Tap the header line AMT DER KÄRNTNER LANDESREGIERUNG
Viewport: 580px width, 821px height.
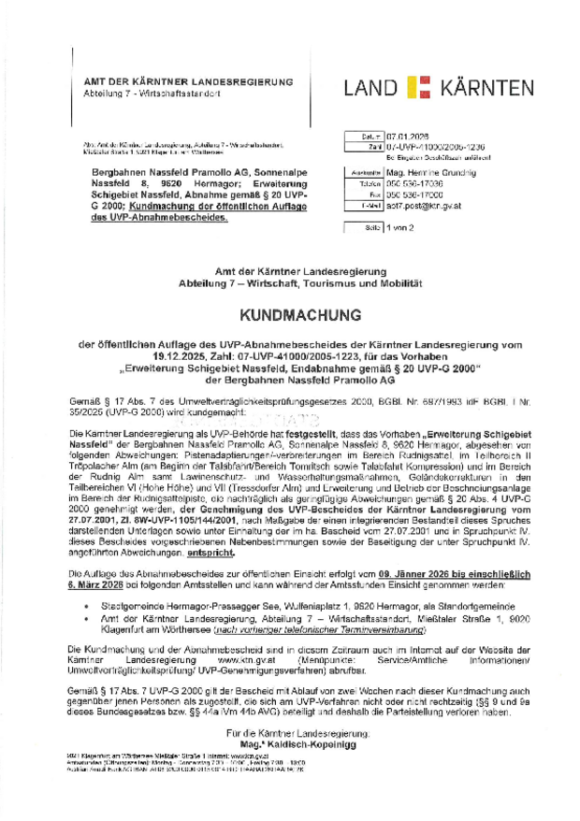pos(188,82)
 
